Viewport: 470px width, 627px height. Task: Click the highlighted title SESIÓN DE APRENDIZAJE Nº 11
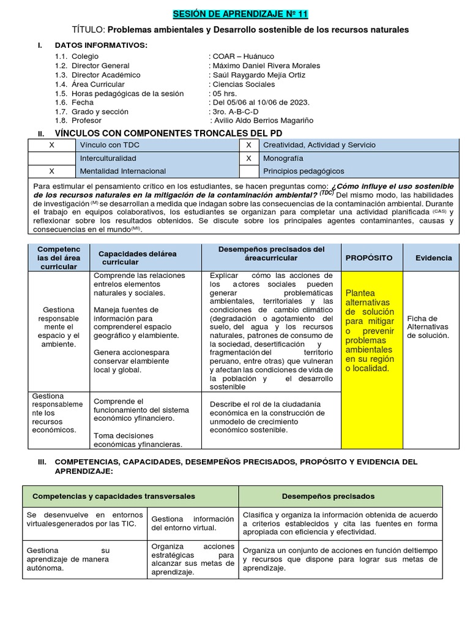coord(236,14)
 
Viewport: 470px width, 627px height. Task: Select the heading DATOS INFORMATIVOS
coord(101,45)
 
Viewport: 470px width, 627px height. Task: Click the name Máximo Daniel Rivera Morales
coord(264,66)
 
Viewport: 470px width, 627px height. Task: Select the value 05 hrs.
coord(223,93)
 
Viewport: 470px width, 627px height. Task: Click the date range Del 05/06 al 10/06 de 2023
coord(259,102)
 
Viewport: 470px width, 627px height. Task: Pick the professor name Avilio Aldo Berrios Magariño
coord(262,121)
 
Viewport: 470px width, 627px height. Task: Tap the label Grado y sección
coord(100,111)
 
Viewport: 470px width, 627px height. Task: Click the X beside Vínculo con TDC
coord(51,145)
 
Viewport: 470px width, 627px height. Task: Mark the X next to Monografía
coord(248,158)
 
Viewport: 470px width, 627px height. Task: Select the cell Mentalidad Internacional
coord(123,171)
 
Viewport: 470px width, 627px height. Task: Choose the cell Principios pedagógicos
coord(304,171)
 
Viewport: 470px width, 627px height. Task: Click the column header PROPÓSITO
coord(369,258)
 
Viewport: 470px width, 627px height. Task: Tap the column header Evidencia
coord(433,258)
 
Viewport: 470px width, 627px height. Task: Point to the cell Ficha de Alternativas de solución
coord(428,327)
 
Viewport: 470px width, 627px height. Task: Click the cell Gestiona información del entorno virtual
coord(192,523)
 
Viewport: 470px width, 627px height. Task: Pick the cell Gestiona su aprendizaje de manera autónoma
coord(84,558)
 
